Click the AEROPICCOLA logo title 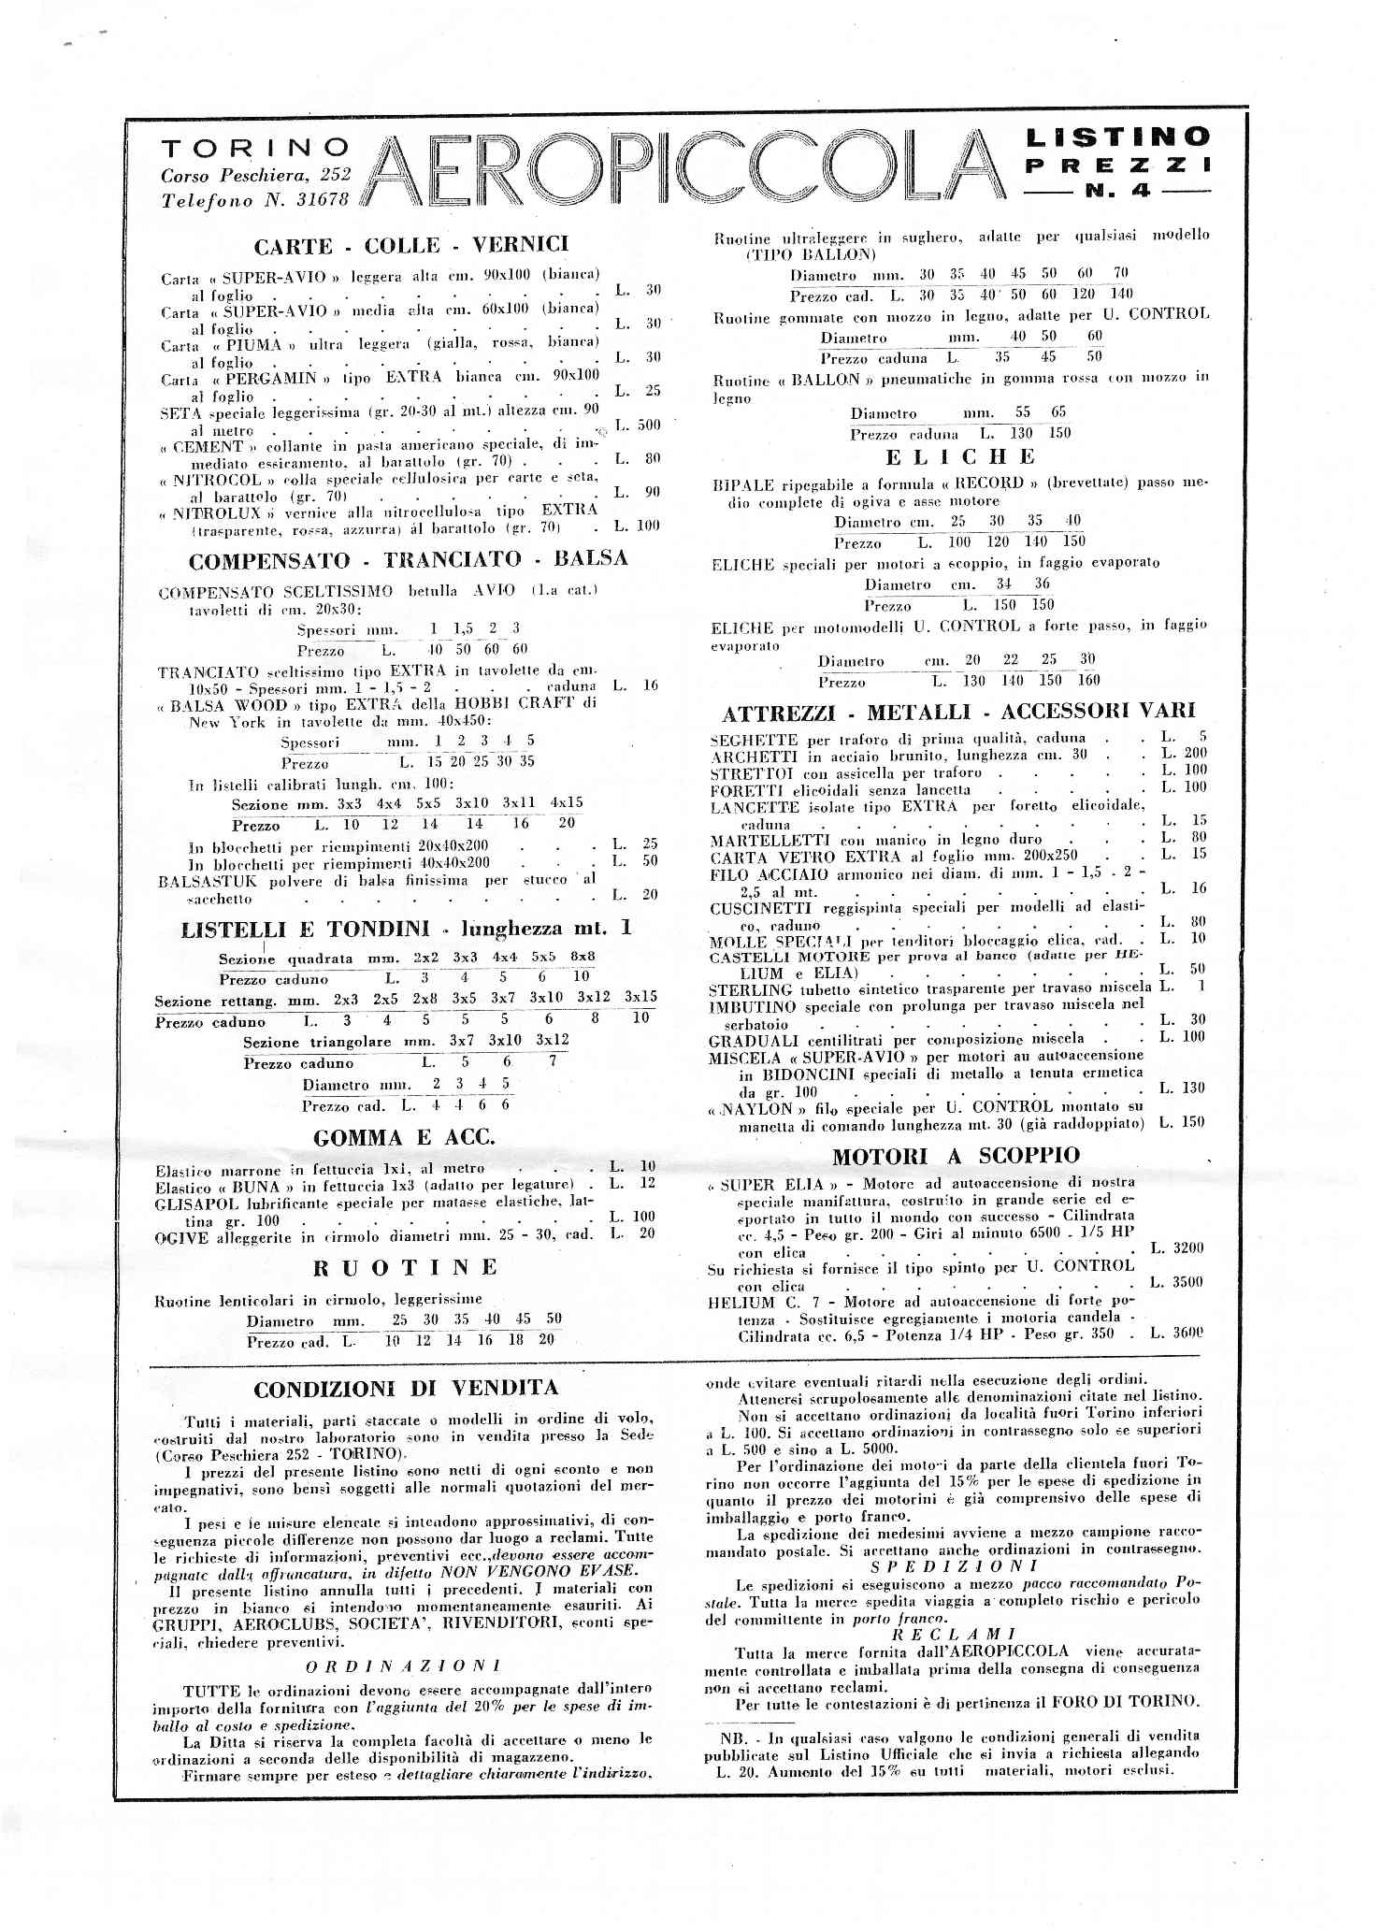[687, 169]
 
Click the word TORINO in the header [255, 148]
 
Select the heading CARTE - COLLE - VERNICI [411, 245]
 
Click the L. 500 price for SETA [638, 425]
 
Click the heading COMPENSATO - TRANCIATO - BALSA [408, 560]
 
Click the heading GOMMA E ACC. [404, 1138]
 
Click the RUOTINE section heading [405, 1267]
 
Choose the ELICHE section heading [960, 457]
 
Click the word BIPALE [743, 484]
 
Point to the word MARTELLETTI [759, 839]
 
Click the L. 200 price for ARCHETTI [1184, 753]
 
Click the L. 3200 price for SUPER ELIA [1176, 1247]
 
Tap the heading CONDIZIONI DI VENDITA [406, 1389]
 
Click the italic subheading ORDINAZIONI [404, 1665]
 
